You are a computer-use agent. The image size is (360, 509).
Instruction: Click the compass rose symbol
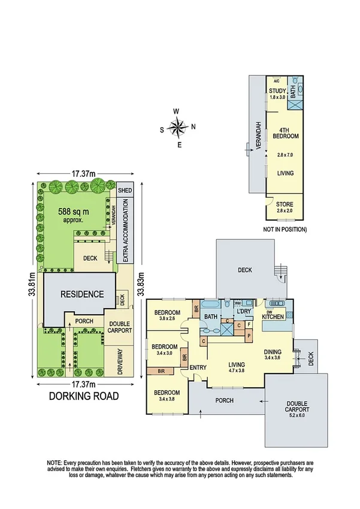[x=177, y=127]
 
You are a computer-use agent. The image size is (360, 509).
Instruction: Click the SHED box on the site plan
[x=125, y=190]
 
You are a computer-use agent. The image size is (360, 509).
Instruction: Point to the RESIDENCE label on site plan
[x=81, y=294]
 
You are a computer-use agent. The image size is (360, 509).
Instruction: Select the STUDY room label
[x=277, y=92]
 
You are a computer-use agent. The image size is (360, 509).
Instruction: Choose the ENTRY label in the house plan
[x=198, y=368]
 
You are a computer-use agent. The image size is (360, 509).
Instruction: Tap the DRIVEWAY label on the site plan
[x=120, y=362]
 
